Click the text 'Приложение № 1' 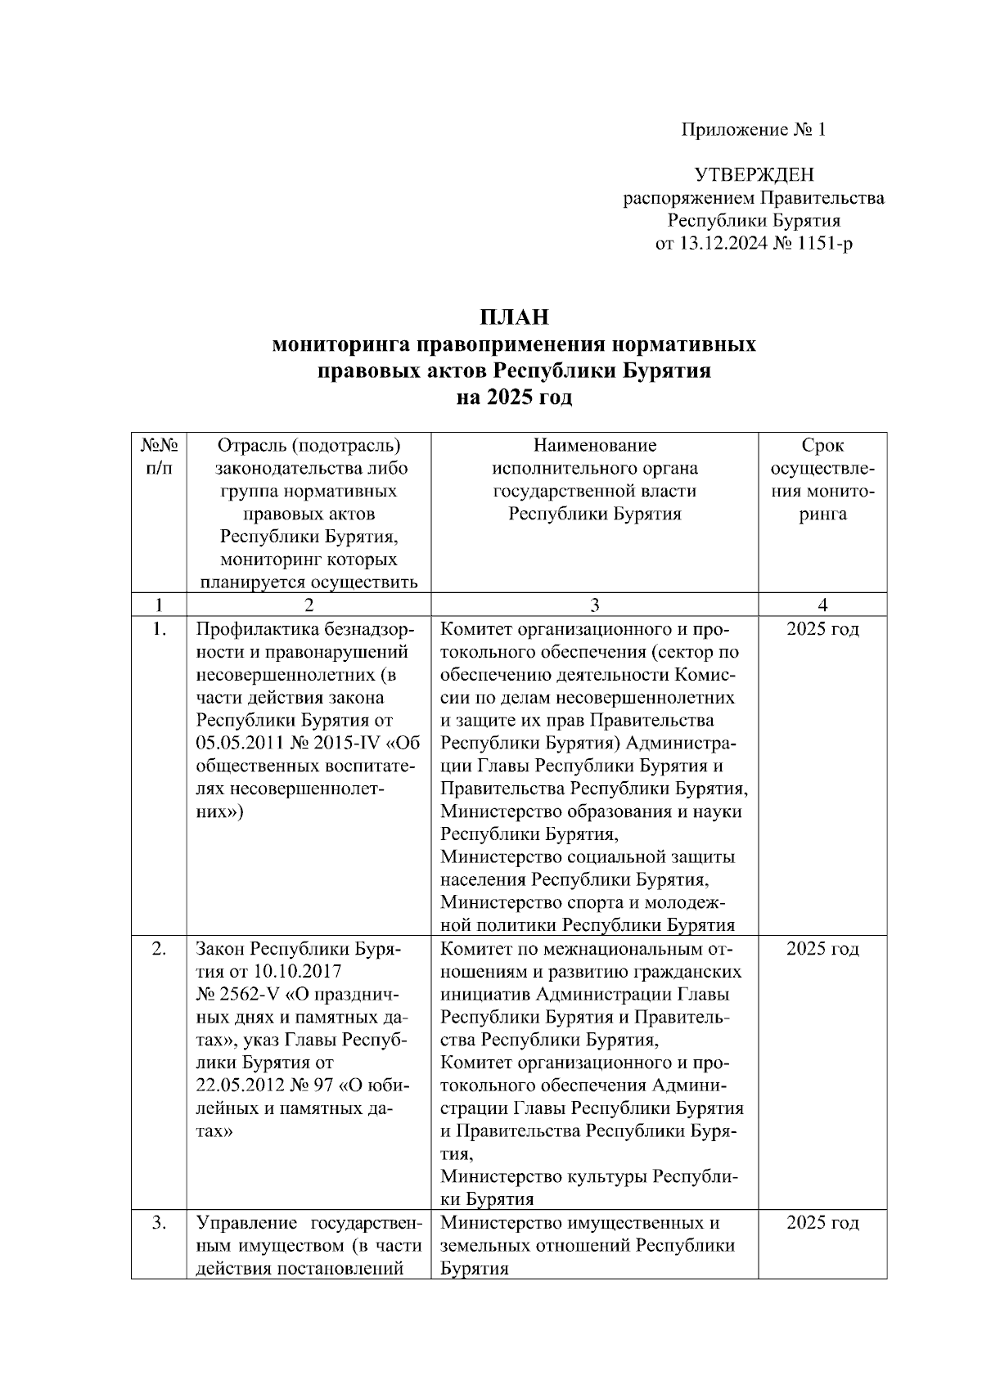(x=754, y=130)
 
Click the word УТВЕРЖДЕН (x=754, y=175)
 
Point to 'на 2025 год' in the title (x=513, y=398)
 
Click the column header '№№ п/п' (x=159, y=456)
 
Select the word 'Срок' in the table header (x=822, y=446)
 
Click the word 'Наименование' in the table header (x=594, y=446)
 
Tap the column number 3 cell (x=594, y=605)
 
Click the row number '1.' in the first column (x=159, y=629)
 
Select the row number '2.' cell (x=159, y=949)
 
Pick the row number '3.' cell (x=159, y=1223)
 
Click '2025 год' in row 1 (x=822, y=629)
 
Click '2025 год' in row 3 (x=822, y=1223)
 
